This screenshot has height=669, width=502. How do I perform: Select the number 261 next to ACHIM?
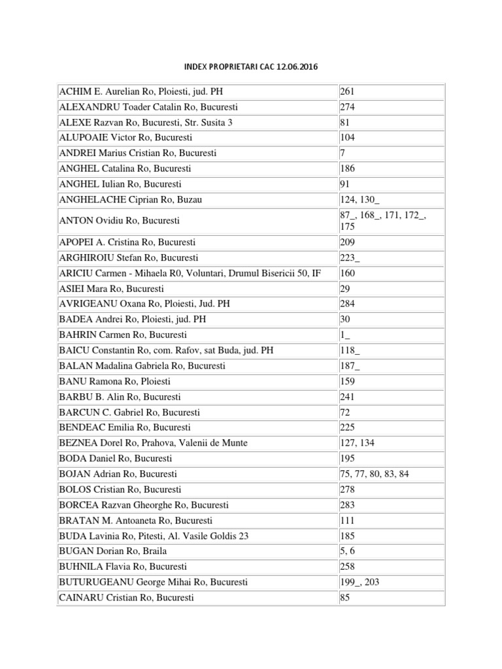[347, 91]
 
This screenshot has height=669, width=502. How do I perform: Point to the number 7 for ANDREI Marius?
[343, 153]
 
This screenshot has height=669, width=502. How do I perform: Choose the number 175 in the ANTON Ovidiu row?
[347, 227]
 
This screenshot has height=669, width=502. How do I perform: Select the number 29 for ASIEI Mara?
[344, 288]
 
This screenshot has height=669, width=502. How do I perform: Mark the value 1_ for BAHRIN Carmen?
[344, 335]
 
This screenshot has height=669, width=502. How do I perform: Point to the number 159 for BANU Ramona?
[347, 381]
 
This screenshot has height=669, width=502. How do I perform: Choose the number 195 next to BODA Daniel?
[347, 459]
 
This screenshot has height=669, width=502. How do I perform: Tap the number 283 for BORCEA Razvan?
[347, 505]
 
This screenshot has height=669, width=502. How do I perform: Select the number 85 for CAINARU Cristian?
[344, 598]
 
